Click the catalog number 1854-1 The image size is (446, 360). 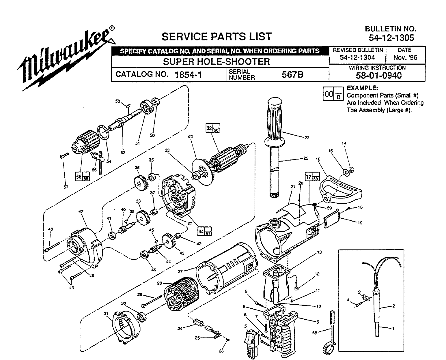(x=188, y=75)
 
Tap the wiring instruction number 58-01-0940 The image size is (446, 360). (x=377, y=76)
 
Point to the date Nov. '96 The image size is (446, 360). (x=405, y=57)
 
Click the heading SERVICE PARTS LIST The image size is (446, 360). (x=216, y=37)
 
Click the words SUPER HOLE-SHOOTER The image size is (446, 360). (x=216, y=61)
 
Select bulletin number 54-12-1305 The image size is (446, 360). (x=391, y=37)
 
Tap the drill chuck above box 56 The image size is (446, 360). (x=85, y=141)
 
